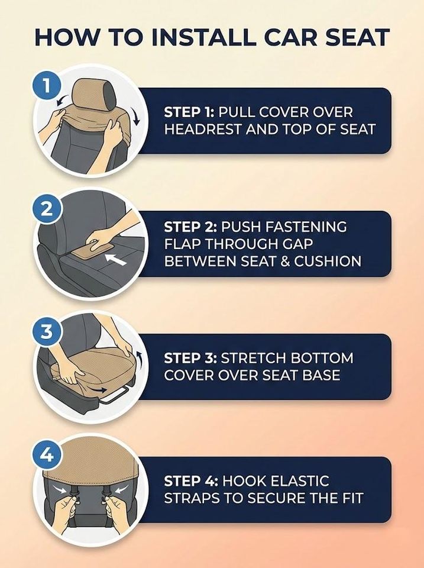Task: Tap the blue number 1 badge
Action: point(46,86)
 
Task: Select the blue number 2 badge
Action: point(46,209)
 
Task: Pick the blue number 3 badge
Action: point(46,332)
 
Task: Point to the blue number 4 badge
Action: point(46,455)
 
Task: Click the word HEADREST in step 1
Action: point(203,130)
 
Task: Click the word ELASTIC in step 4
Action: point(300,481)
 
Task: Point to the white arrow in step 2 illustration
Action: point(115,259)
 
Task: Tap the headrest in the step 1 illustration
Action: point(92,95)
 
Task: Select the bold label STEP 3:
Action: point(190,359)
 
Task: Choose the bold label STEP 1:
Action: point(189,112)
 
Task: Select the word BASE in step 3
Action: point(323,375)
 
